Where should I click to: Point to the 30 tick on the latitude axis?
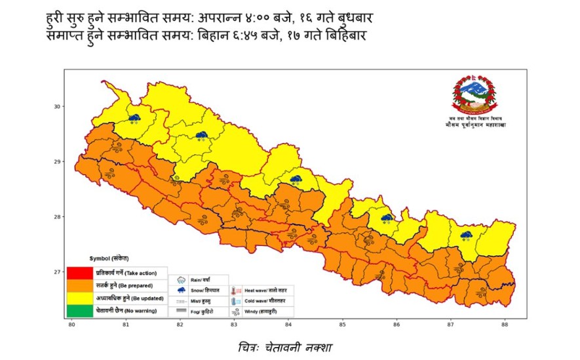click(57, 106)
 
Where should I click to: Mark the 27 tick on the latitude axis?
click(57, 271)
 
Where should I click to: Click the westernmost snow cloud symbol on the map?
click(135, 118)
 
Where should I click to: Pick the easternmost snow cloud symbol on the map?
click(467, 235)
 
